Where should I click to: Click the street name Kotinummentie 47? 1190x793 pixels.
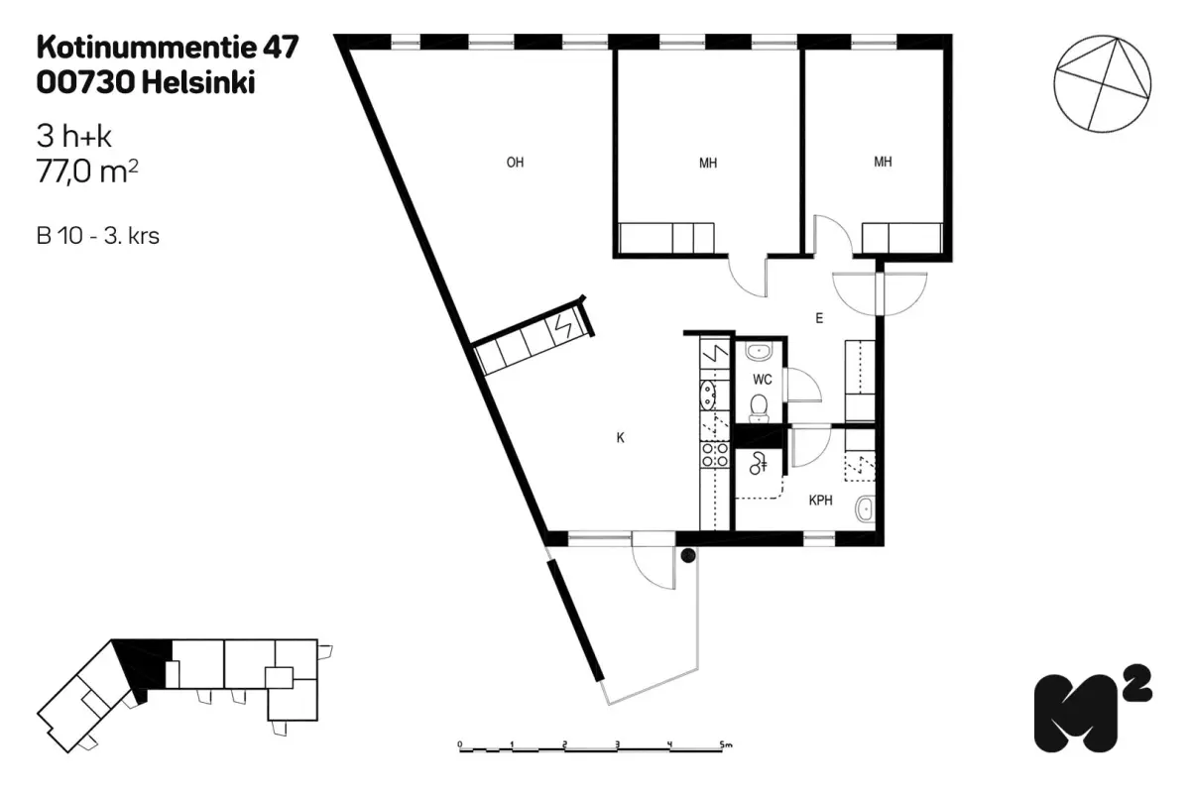tap(167, 48)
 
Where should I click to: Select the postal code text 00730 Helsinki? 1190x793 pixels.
tap(145, 84)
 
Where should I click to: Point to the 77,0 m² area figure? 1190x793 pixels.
tap(86, 171)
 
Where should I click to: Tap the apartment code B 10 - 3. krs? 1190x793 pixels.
tap(98, 237)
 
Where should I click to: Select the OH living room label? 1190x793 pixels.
tap(515, 164)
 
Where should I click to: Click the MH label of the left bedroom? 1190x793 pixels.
tap(707, 164)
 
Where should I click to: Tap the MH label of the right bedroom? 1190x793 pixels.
tap(882, 162)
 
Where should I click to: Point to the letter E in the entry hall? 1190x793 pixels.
tap(819, 319)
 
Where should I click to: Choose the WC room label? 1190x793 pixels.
tap(762, 380)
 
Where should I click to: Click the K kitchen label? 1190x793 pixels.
tap(620, 437)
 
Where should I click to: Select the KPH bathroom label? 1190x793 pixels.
tap(820, 502)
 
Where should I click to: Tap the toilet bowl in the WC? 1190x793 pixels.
tap(760, 405)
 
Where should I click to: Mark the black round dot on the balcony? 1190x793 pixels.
tap(687, 557)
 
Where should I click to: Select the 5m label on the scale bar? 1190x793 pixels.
tap(726, 742)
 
